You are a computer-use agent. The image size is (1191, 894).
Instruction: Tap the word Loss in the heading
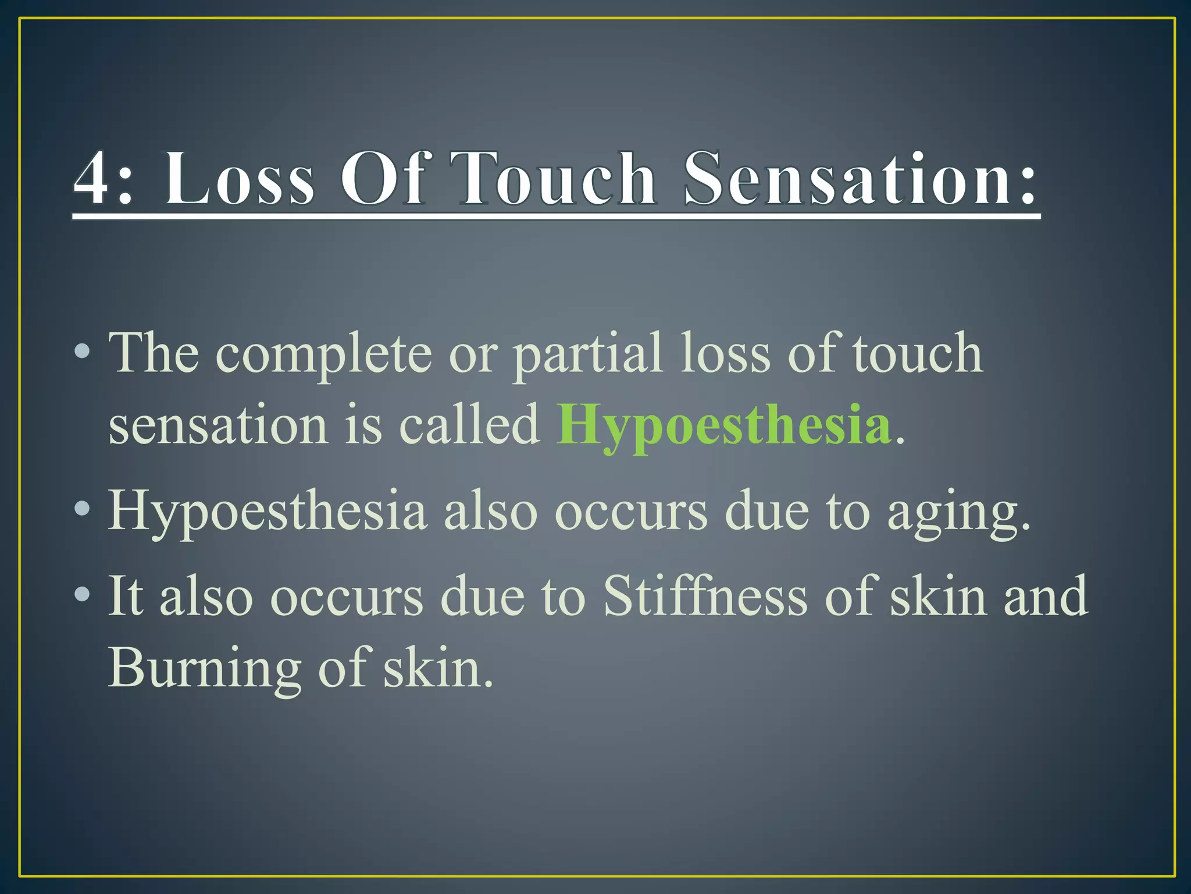238,179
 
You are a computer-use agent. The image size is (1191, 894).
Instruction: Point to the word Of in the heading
382,179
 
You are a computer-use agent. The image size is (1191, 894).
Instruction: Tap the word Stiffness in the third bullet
705,596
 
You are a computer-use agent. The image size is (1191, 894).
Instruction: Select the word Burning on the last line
205,668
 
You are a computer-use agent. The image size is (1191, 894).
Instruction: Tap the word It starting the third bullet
126,596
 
